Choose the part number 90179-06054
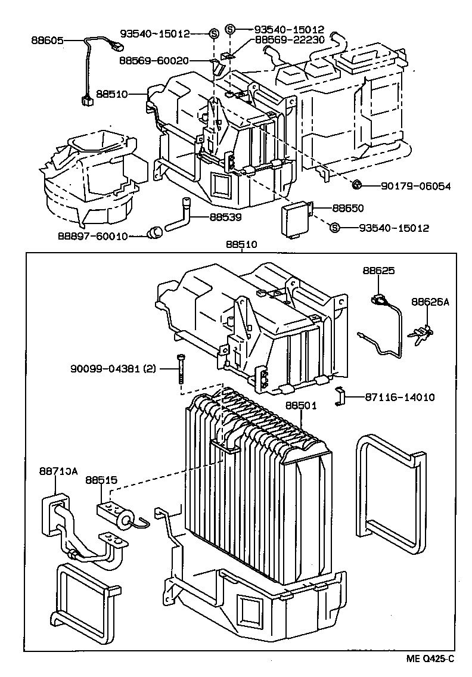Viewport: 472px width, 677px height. pyautogui.click(x=415, y=186)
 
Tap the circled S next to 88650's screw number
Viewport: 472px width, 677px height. pyautogui.click(x=334, y=228)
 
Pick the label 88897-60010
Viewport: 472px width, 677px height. pyautogui.click(x=92, y=235)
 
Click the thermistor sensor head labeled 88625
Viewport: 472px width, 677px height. pyautogui.click(x=378, y=299)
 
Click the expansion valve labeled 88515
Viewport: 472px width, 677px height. pyautogui.click(x=116, y=512)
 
